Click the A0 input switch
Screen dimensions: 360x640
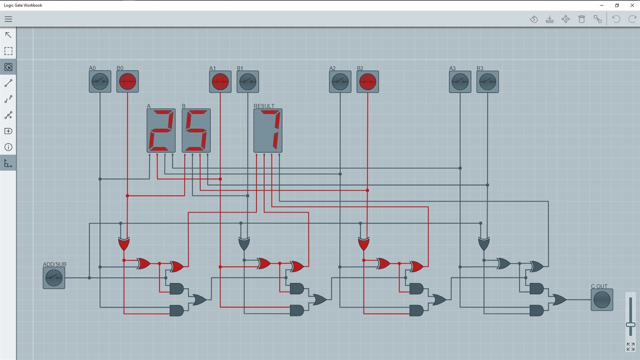[x=100, y=82]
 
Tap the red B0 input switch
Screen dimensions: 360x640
[x=128, y=82]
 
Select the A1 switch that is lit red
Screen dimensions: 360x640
[x=220, y=82]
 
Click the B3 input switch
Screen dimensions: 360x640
[x=487, y=82]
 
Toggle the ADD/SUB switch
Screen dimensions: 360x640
[x=54, y=278]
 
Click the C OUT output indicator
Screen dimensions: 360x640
[x=602, y=300]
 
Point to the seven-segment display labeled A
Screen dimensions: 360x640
[x=161, y=130]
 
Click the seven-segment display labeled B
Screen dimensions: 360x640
[x=196, y=130]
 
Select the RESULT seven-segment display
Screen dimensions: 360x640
[x=268, y=130]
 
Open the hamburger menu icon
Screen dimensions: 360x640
[x=8, y=19]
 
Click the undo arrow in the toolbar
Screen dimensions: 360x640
[x=616, y=19]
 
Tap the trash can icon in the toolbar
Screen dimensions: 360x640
[x=581, y=19]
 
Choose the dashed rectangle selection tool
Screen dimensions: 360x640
[x=8, y=51]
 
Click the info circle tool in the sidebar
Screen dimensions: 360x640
[x=8, y=147]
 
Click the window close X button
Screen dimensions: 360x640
[x=632, y=5]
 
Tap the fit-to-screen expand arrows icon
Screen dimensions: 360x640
[x=630, y=347]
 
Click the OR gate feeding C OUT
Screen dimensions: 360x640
[x=559, y=300]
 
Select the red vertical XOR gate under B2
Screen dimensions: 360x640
[x=364, y=244]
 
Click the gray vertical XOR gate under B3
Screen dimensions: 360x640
[x=484, y=244]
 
